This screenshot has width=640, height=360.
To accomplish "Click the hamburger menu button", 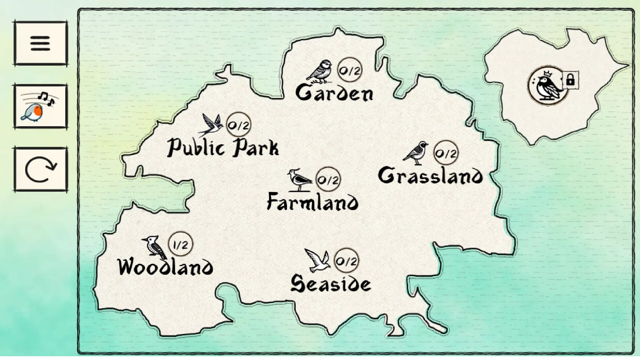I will click(40, 43).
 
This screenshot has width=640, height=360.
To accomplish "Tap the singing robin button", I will click(40, 107).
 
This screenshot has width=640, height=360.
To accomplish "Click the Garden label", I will click(334, 93).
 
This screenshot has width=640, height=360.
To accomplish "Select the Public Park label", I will click(223, 148).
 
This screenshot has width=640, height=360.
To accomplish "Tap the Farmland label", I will click(313, 202).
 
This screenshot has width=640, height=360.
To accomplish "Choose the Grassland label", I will click(430, 176).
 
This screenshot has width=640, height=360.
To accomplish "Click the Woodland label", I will click(166, 267).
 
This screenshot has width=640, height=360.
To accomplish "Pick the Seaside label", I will click(330, 284).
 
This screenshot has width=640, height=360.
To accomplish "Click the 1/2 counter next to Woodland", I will click(181, 245).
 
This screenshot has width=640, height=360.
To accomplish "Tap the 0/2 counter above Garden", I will click(350, 71).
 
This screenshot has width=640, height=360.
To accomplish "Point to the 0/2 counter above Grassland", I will click(446, 154).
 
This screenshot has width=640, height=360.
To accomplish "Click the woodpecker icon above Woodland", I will click(154, 247).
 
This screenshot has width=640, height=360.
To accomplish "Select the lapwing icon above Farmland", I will click(299, 180).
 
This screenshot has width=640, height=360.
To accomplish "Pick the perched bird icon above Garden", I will click(320, 71).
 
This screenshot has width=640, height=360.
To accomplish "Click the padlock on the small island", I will click(570, 80).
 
